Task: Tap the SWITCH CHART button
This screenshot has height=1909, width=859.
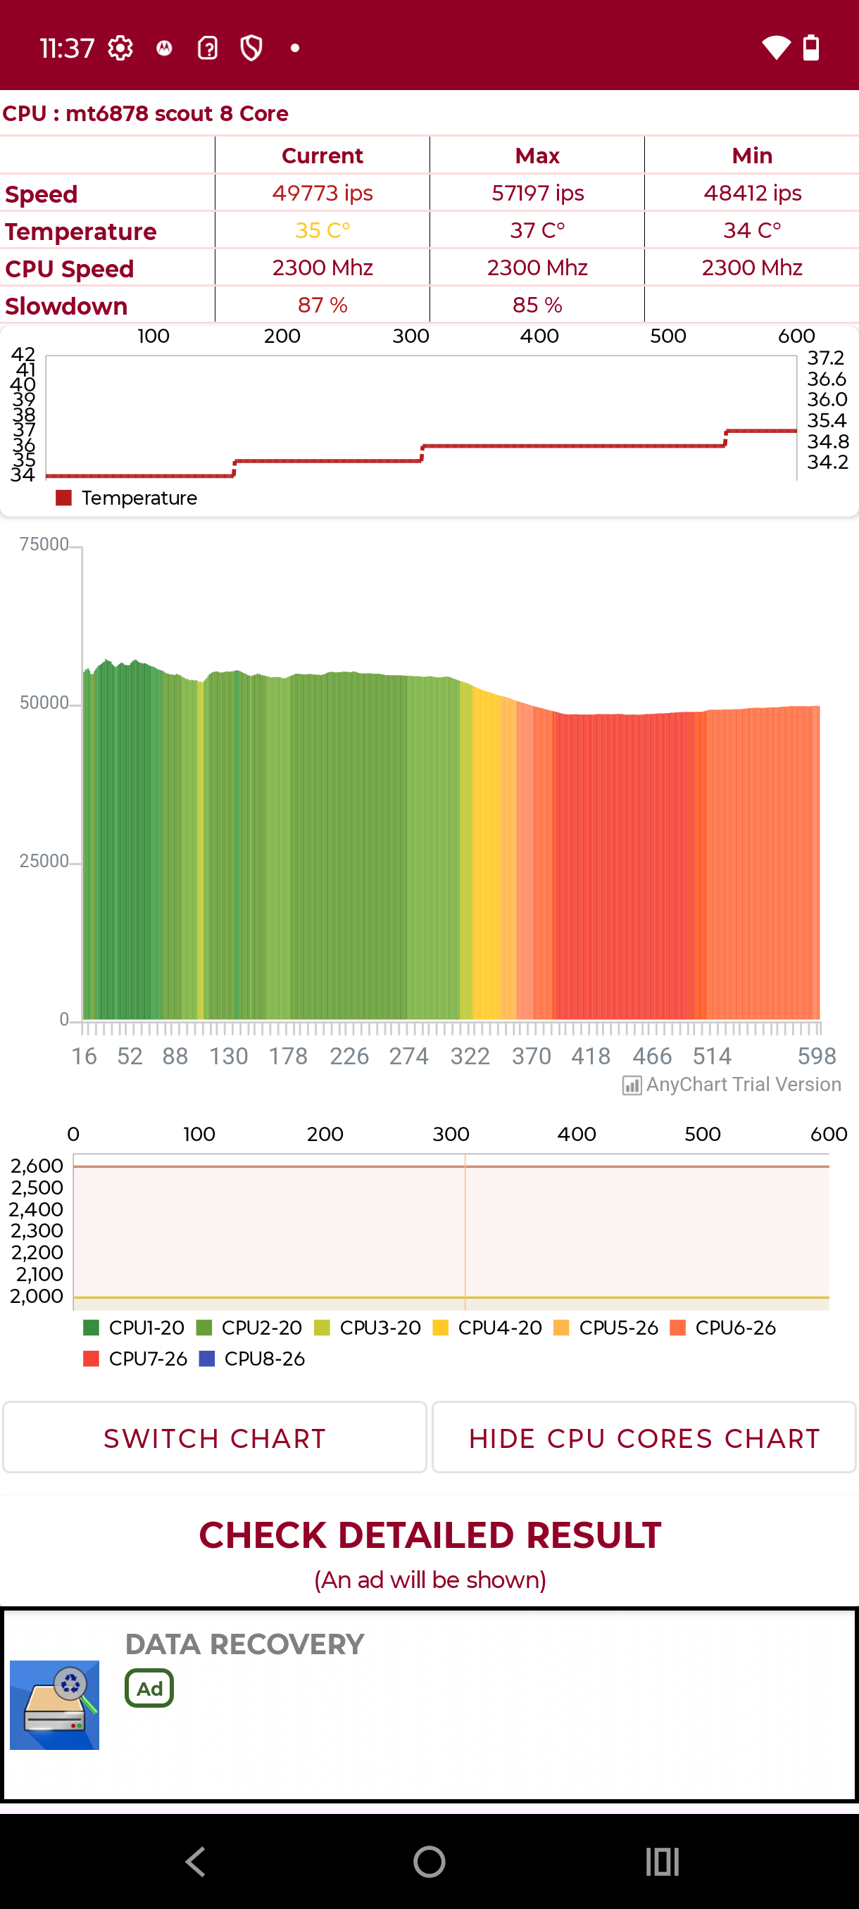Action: (x=214, y=1437)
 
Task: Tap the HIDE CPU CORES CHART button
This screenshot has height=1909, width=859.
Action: (x=644, y=1437)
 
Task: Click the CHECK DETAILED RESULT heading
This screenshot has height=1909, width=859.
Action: (x=430, y=1535)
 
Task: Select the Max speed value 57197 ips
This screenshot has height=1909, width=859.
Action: (x=537, y=194)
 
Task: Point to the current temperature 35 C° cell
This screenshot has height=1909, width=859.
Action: (x=322, y=230)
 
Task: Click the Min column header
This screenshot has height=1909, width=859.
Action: (x=751, y=156)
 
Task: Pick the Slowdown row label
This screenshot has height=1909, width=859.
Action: (x=67, y=306)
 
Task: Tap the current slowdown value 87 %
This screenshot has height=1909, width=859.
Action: (x=322, y=305)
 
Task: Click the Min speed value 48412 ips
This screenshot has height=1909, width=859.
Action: (x=751, y=194)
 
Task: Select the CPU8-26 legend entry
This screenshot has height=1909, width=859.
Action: (x=252, y=1359)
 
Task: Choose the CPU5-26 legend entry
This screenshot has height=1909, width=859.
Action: (x=606, y=1328)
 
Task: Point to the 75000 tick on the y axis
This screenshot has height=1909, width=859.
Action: (x=44, y=545)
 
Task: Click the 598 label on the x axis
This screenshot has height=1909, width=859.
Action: (x=817, y=1056)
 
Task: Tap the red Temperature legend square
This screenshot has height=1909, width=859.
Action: (x=64, y=498)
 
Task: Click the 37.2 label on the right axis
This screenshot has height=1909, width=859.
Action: (x=826, y=358)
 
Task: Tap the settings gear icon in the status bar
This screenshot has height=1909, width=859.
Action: (x=120, y=48)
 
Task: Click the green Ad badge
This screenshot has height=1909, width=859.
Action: (x=149, y=1688)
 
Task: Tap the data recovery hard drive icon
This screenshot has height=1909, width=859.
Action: (x=54, y=1704)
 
